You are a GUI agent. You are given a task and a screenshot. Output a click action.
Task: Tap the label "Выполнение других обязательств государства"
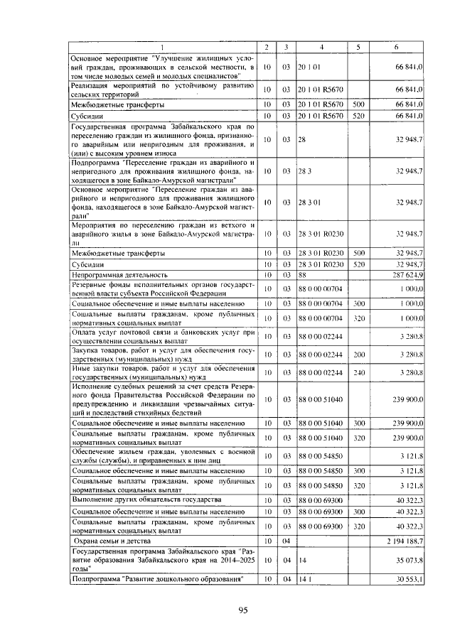(147, 499)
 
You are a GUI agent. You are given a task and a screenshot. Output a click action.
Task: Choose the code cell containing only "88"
(302, 274)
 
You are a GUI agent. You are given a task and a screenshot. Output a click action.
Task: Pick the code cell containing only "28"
(302, 141)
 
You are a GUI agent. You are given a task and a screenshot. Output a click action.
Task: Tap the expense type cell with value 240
(358, 372)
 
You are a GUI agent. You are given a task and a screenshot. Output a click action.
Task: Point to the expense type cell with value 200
(358, 353)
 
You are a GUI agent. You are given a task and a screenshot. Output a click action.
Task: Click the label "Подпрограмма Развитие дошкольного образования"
(157, 580)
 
